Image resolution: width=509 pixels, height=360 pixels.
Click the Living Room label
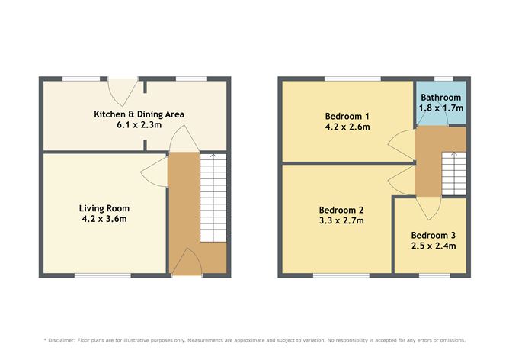(x=104, y=208)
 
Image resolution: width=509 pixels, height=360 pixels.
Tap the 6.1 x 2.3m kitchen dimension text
(x=139, y=126)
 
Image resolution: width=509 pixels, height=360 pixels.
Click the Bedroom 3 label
(x=434, y=234)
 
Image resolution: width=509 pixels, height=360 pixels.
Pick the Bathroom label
(x=441, y=98)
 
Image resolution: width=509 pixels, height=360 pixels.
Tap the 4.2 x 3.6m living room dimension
(x=104, y=220)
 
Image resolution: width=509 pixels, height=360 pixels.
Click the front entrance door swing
(x=187, y=265)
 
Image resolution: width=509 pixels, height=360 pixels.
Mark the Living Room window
(x=102, y=275)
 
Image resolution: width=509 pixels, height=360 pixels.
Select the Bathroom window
(x=440, y=79)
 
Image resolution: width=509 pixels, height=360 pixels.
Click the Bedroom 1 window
(x=347, y=79)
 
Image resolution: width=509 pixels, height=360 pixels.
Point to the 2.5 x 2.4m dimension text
(x=434, y=246)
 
